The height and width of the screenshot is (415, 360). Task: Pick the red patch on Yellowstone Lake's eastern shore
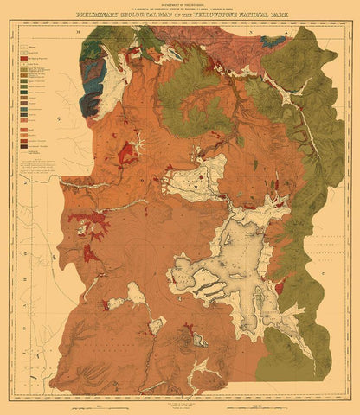[281, 285]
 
